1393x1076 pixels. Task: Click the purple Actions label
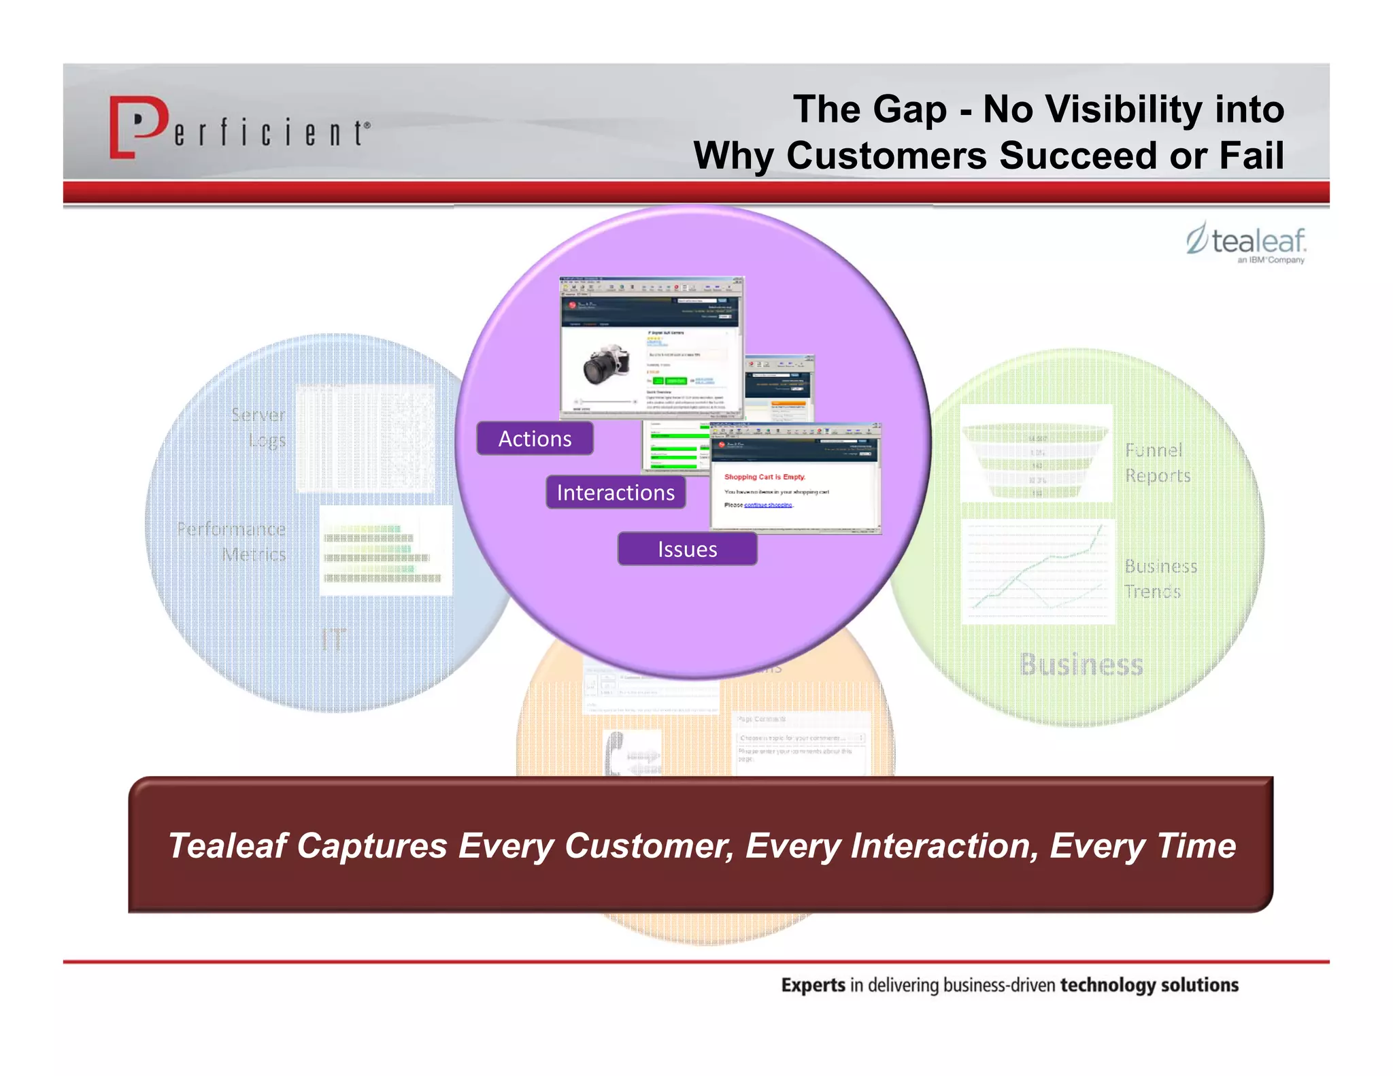tap(535, 439)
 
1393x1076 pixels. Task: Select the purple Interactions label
tap(616, 492)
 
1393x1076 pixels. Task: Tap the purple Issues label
tap(687, 549)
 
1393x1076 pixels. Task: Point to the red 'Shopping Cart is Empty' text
tap(765, 477)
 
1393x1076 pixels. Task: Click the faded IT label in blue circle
tap(333, 639)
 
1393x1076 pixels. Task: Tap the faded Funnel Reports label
tap(1157, 463)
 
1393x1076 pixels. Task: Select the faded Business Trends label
tap(1160, 578)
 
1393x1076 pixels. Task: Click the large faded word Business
tap(1081, 665)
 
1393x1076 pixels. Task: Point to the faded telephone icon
tap(616, 752)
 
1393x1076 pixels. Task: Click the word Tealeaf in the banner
tap(227, 845)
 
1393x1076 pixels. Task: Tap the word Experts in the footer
tap(813, 985)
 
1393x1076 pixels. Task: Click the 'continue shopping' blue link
tap(768, 505)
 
